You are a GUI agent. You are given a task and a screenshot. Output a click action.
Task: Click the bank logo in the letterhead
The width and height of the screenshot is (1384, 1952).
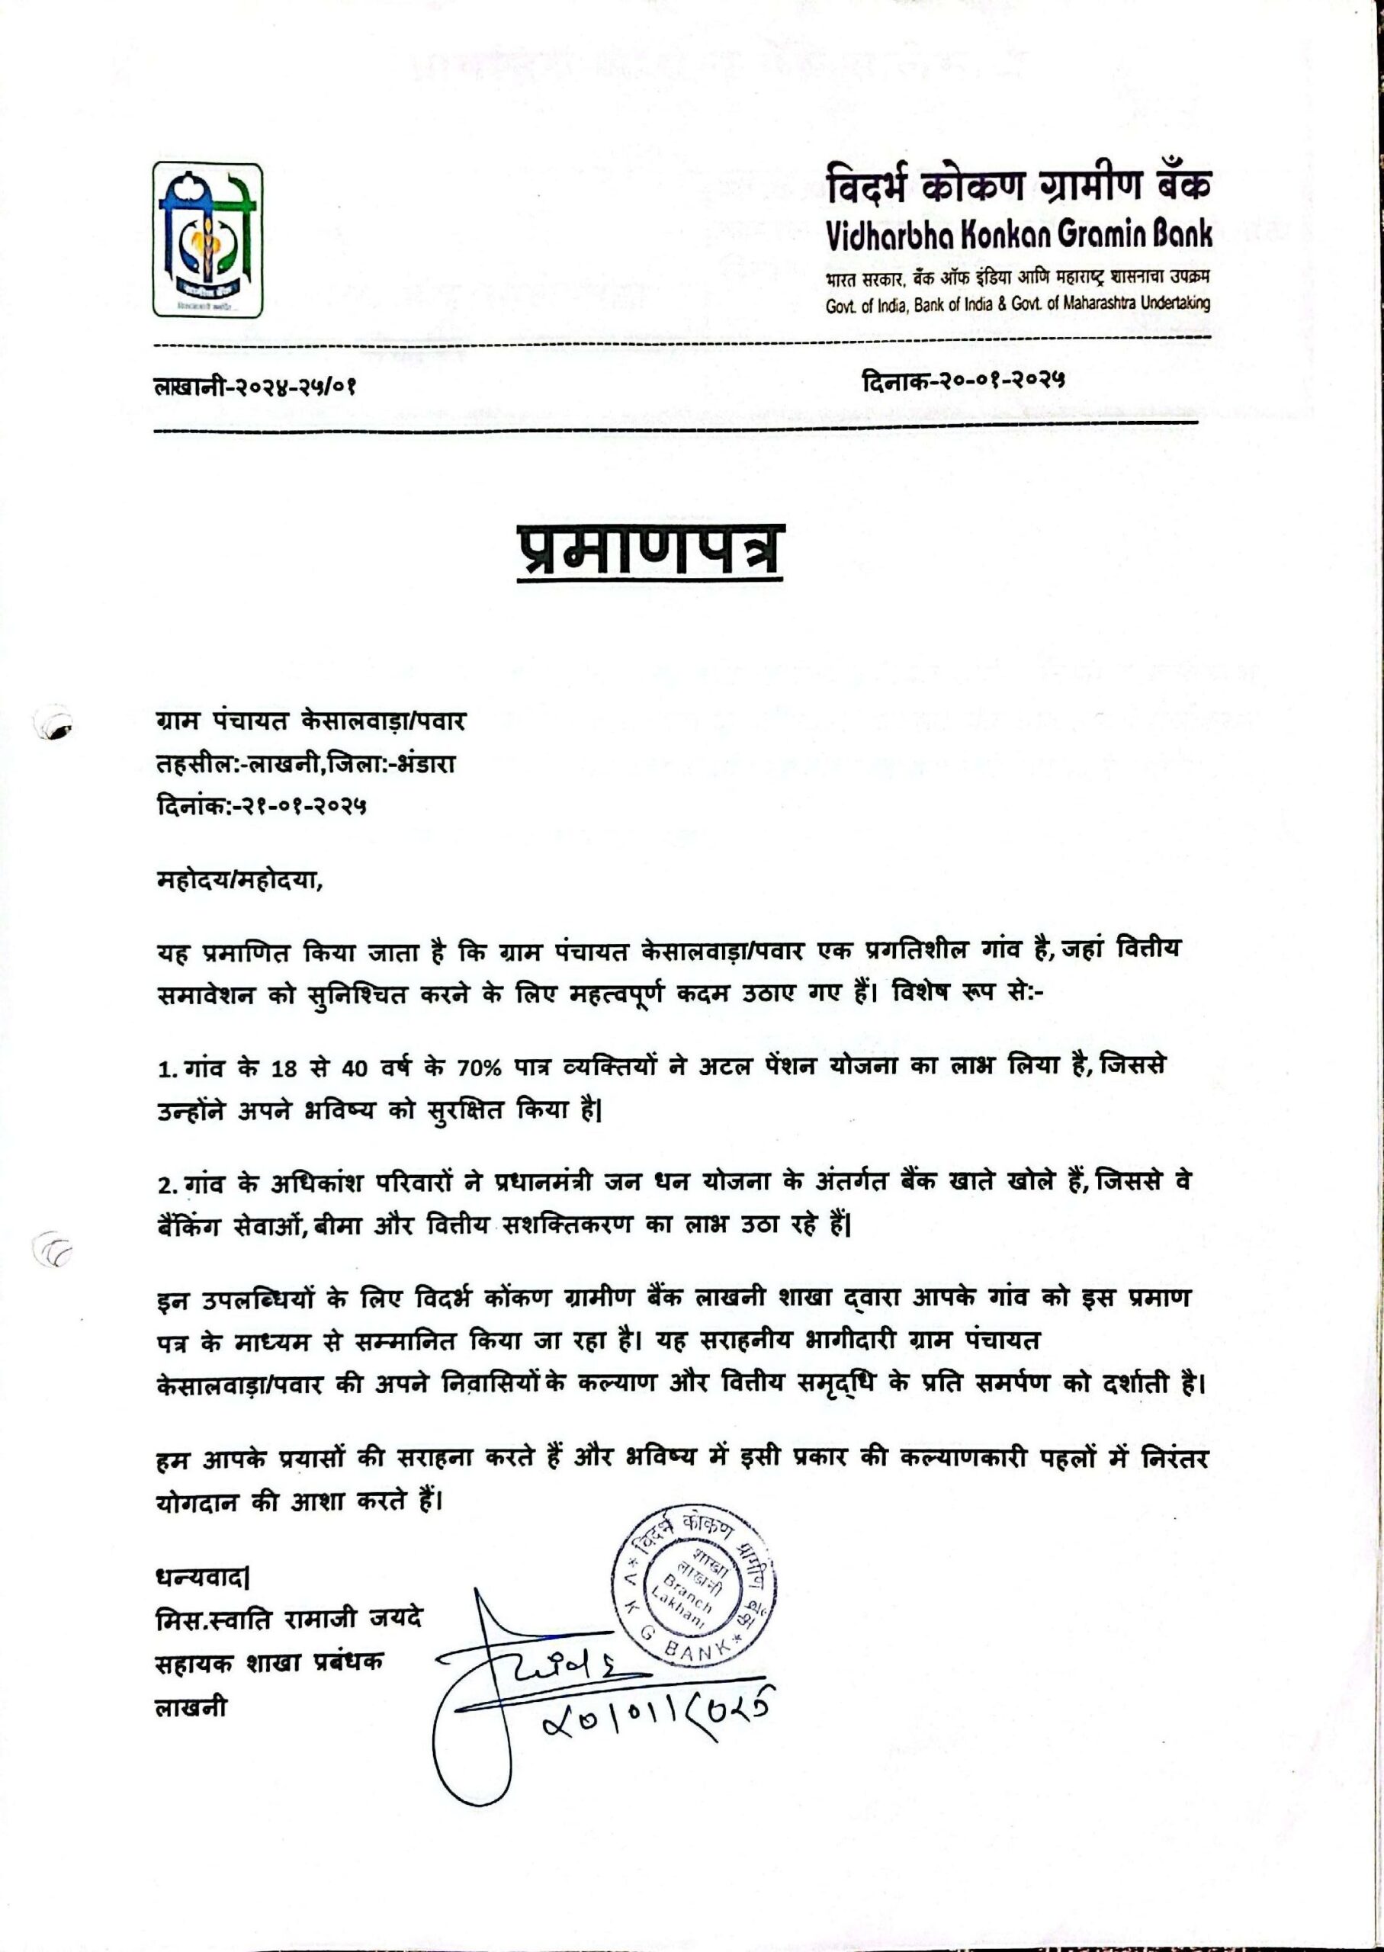[207, 239]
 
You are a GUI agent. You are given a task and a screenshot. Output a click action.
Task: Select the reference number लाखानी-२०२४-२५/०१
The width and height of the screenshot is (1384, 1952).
[254, 386]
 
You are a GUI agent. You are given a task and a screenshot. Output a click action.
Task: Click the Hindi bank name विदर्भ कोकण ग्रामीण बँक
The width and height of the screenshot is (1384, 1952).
[1017, 187]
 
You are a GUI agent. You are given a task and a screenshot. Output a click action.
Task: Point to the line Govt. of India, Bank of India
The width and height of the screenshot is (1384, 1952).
[1017, 304]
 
